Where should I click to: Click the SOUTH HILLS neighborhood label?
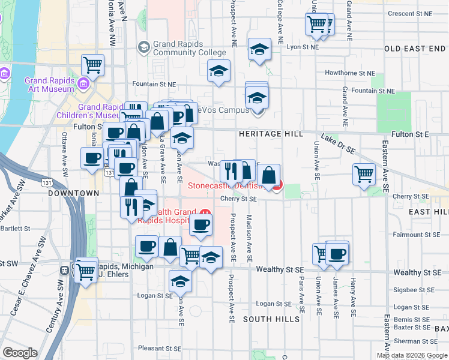(271, 319)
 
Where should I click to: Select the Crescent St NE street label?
(409, 13)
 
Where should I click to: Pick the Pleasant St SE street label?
(159, 348)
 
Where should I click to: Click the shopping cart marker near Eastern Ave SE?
(364, 174)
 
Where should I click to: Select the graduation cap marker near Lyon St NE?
(259, 49)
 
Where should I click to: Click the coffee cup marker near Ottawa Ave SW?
(92, 158)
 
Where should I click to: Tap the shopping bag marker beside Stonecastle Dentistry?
(270, 175)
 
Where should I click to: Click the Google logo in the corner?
(20, 353)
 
